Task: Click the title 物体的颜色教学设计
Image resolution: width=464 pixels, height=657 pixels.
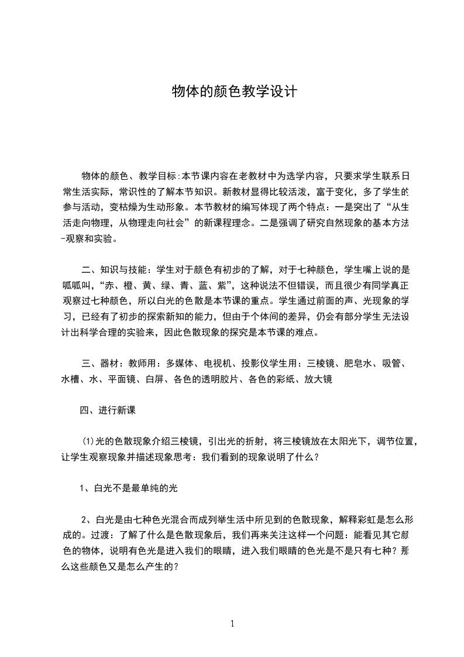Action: [235, 92]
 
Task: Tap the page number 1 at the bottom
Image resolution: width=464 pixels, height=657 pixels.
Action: [232, 624]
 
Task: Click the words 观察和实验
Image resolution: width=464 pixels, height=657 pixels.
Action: [97, 239]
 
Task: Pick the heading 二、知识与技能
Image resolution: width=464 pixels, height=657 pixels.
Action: [116, 271]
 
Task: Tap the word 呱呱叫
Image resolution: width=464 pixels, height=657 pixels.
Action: [80, 286]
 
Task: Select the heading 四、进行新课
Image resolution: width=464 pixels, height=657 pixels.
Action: [108, 411]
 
